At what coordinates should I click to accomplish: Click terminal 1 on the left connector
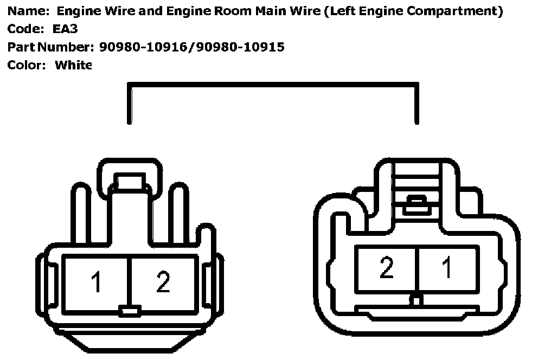point(97,282)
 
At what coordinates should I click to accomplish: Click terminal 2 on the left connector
point(163,282)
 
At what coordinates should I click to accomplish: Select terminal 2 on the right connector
point(386,268)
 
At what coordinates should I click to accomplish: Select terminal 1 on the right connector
point(447,268)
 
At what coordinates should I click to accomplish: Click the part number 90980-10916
point(145,47)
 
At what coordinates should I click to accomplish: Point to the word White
point(74,65)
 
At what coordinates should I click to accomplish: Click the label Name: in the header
point(25,11)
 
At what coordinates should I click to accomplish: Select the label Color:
point(25,65)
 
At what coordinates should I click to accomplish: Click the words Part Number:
point(51,47)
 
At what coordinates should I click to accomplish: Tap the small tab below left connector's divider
point(130,311)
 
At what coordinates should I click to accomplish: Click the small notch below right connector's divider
point(416,299)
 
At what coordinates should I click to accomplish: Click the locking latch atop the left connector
point(130,181)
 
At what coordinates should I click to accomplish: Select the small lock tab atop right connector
point(416,204)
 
